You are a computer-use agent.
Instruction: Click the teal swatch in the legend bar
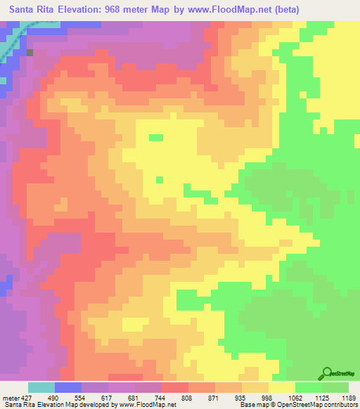point(41,387)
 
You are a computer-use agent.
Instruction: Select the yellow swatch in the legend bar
point(282,387)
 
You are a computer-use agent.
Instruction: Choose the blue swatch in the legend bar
point(68,387)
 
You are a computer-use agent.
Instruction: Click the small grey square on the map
point(30,51)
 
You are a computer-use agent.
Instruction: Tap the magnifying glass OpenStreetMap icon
point(328,372)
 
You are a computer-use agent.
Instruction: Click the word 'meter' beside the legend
point(9,398)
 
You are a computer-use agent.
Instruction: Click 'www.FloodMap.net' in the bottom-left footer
point(146,405)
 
